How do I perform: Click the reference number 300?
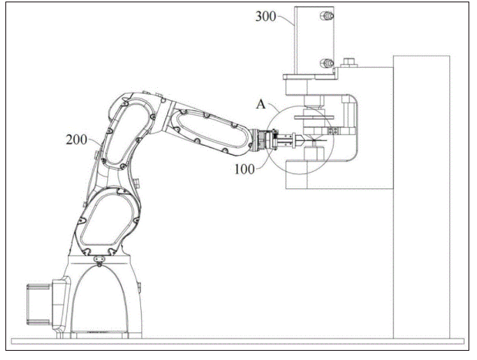pyautogui.click(x=266, y=16)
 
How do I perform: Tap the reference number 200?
pyautogui.click(x=76, y=140)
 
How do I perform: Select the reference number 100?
pyautogui.click(x=244, y=169)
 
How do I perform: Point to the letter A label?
pyautogui.click(x=260, y=104)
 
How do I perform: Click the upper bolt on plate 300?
pyautogui.click(x=327, y=15)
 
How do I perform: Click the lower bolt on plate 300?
pyautogui.click(x=327, y=63)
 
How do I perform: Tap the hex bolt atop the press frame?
pyautogui.click(x=348, y=62)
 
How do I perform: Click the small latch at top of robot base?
pyautogui.click(x=99, y=260)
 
